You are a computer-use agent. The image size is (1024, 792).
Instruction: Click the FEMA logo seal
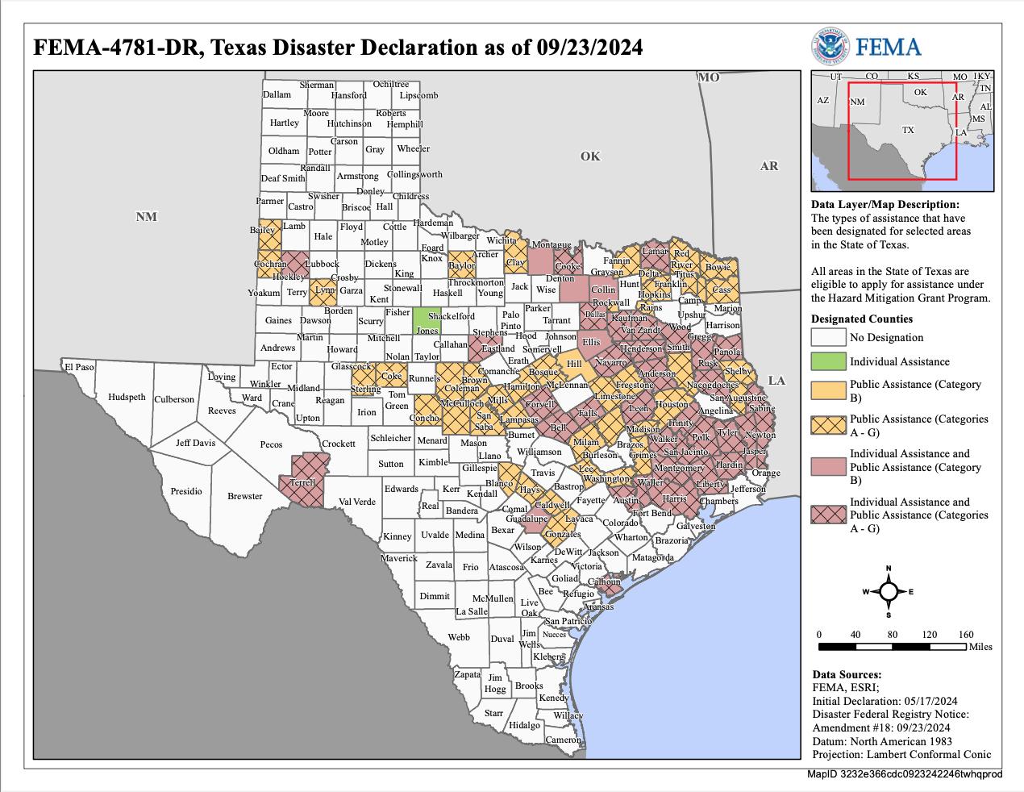830,46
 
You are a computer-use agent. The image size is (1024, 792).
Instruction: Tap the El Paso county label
79,367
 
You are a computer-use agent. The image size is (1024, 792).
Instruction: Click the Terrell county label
302,482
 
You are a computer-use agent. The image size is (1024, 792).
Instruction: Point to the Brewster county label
244,496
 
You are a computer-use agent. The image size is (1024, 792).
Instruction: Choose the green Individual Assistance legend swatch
827,361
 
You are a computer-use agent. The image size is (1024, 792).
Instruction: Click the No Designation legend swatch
827,337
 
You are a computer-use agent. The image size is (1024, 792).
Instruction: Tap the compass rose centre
889,592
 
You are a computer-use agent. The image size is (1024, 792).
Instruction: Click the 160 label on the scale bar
966,635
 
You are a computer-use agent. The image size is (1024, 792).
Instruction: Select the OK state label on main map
590,156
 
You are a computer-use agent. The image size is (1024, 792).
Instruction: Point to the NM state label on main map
146,216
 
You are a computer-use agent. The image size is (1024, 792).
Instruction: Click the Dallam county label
277,94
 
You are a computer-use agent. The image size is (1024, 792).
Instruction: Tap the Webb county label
459,637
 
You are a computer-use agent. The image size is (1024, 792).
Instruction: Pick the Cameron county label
563,740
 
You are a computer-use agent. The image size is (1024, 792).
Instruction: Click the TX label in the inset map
908,130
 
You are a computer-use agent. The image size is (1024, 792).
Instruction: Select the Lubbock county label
323,264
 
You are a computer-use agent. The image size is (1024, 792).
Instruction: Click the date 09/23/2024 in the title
589,48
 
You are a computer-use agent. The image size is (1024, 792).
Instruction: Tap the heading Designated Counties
862,319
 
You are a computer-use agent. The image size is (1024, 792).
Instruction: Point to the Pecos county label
271,444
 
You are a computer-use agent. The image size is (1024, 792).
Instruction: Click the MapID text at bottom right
905,774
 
